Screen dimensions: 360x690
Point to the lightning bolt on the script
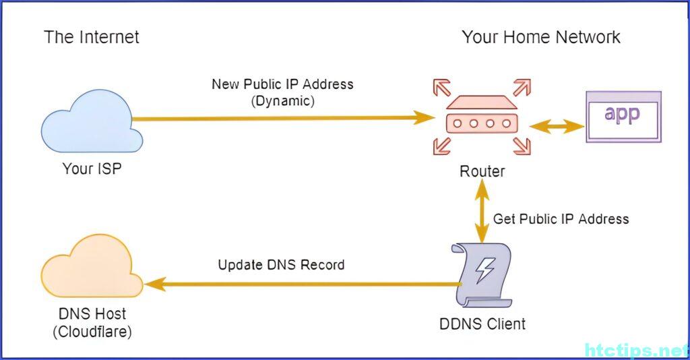click(484, 270)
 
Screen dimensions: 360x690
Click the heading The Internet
click(92, 36)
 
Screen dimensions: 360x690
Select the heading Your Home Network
click(541, 36)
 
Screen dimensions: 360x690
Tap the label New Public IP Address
click(282, 84)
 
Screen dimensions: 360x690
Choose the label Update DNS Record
click(281, 265)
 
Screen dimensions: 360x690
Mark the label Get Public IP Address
click(561, 219)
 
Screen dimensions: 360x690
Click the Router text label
click(482, 171)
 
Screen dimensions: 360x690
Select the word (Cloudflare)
click(92, 332)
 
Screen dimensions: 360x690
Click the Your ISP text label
click(92, 169)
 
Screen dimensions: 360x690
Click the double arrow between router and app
click(557, 126)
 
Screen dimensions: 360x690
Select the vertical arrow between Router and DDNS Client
click(482, 211)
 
